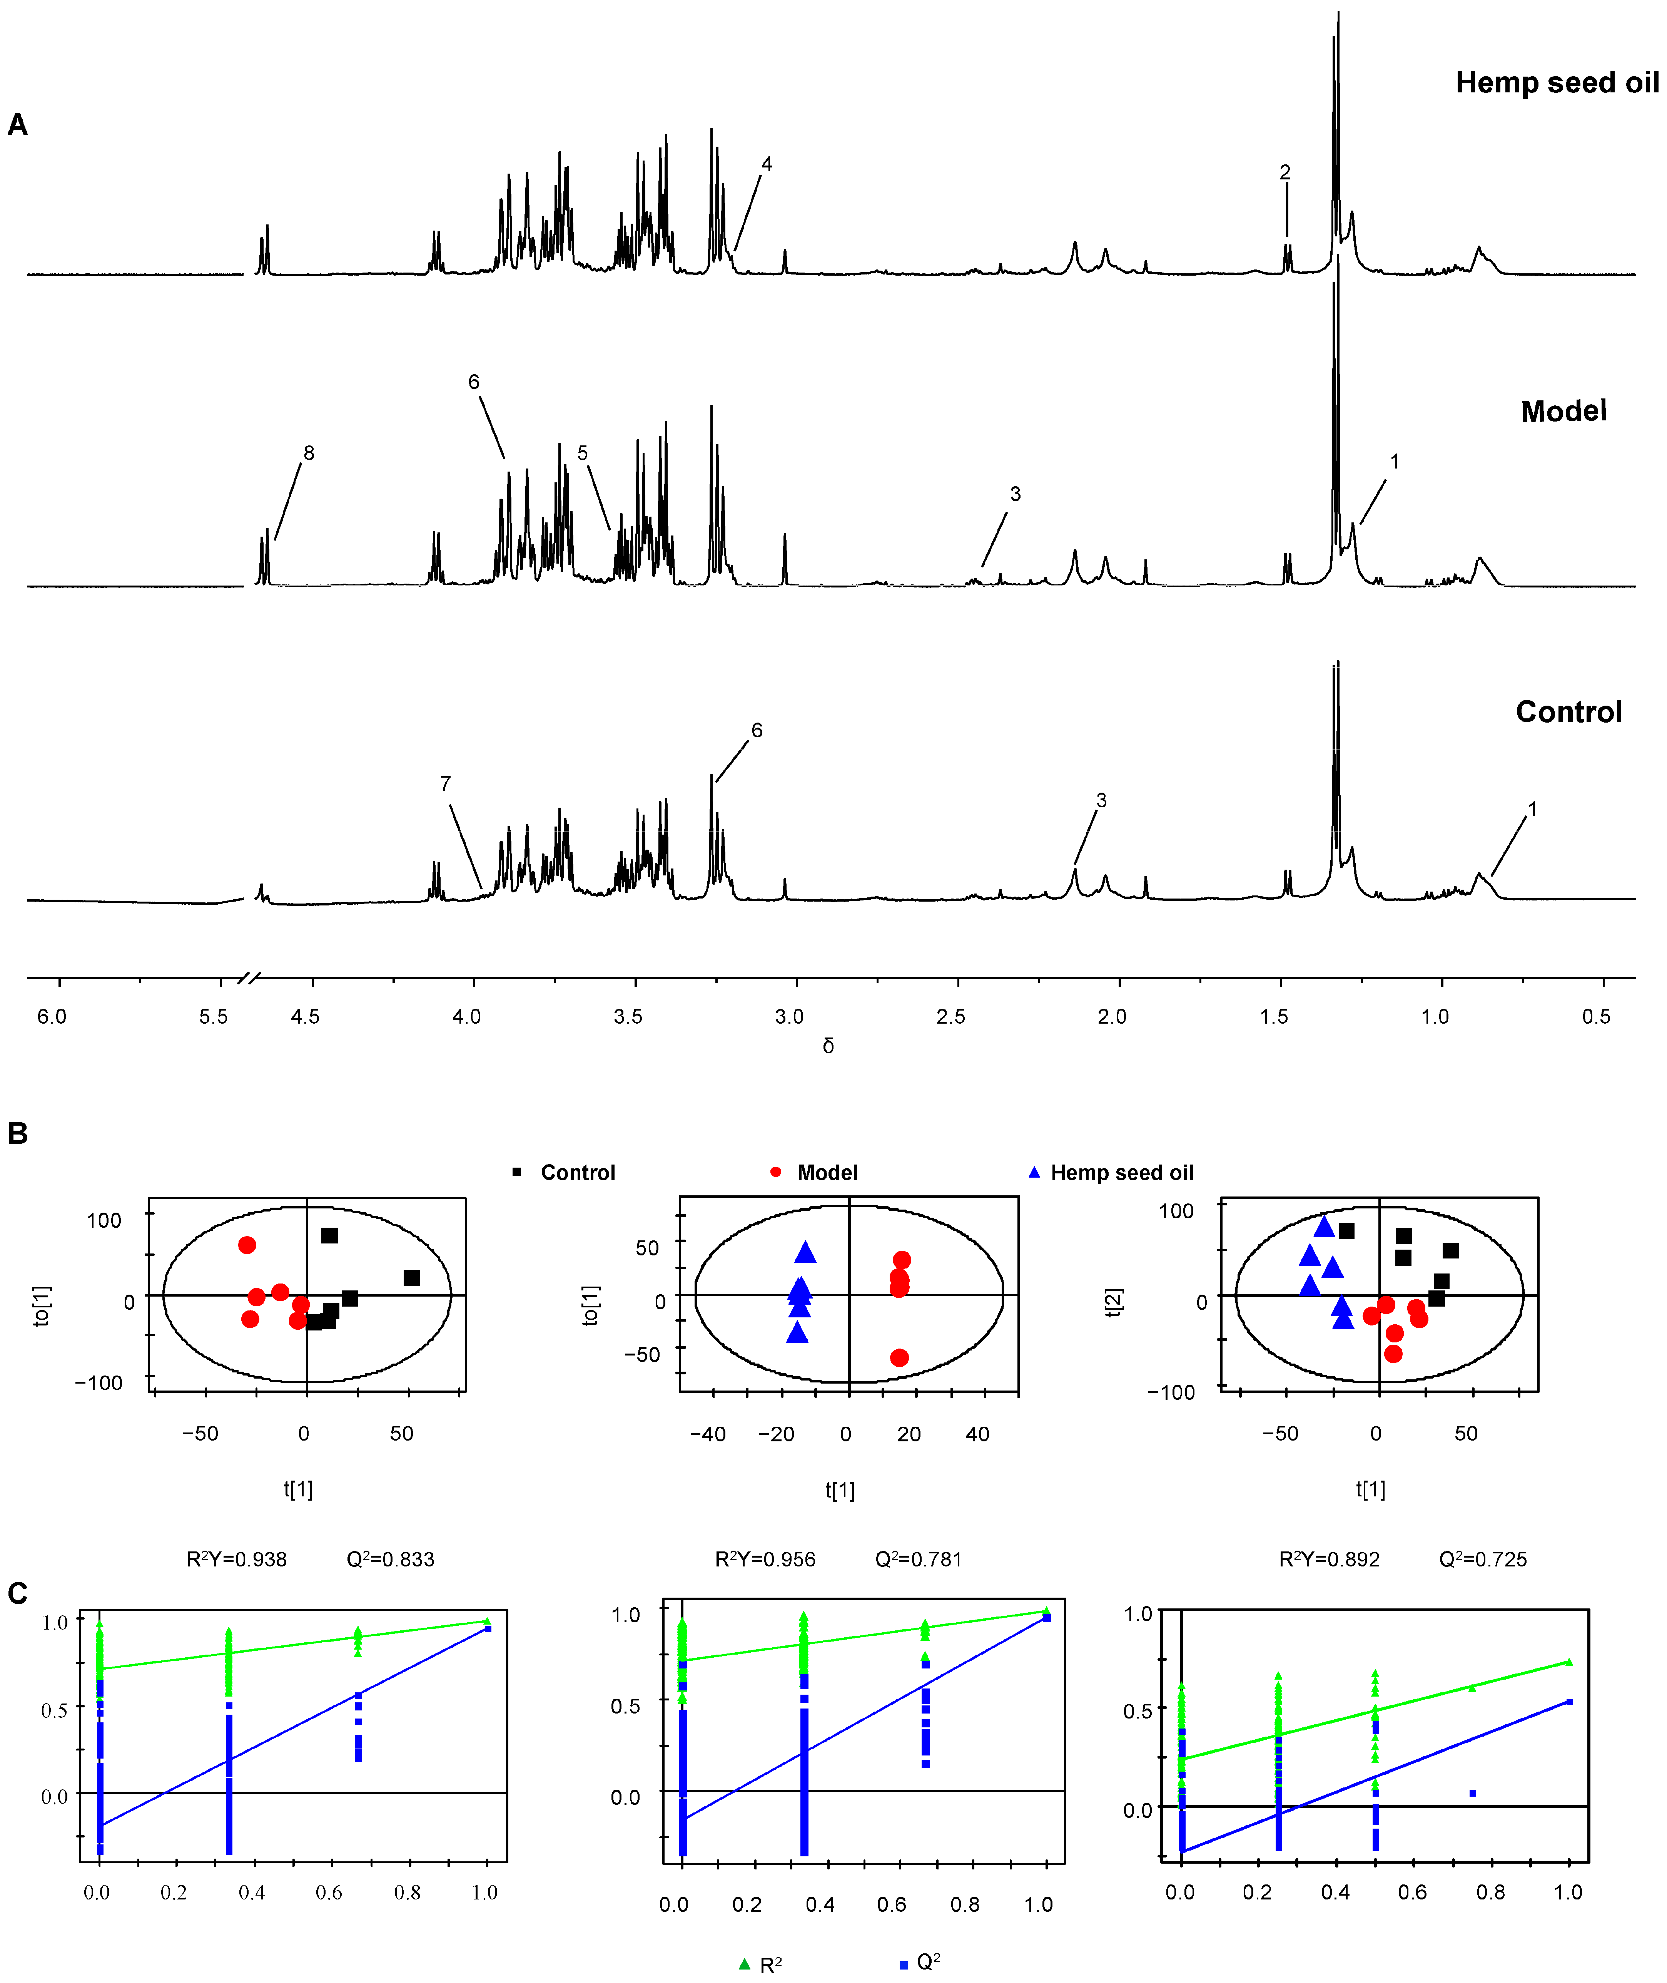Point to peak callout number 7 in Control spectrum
pyautogui.click(x=445, y=783)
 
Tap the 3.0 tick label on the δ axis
pyautogui.click(x=789, y=1017)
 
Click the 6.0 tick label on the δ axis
pyautogui.click(x=52, y=1017)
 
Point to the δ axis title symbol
pyautogui.click(x=828, y=1046)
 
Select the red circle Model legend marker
pyautogui.click(x=776, y=1172)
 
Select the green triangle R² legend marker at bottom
pyautogui.click(x=745, y=1964)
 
